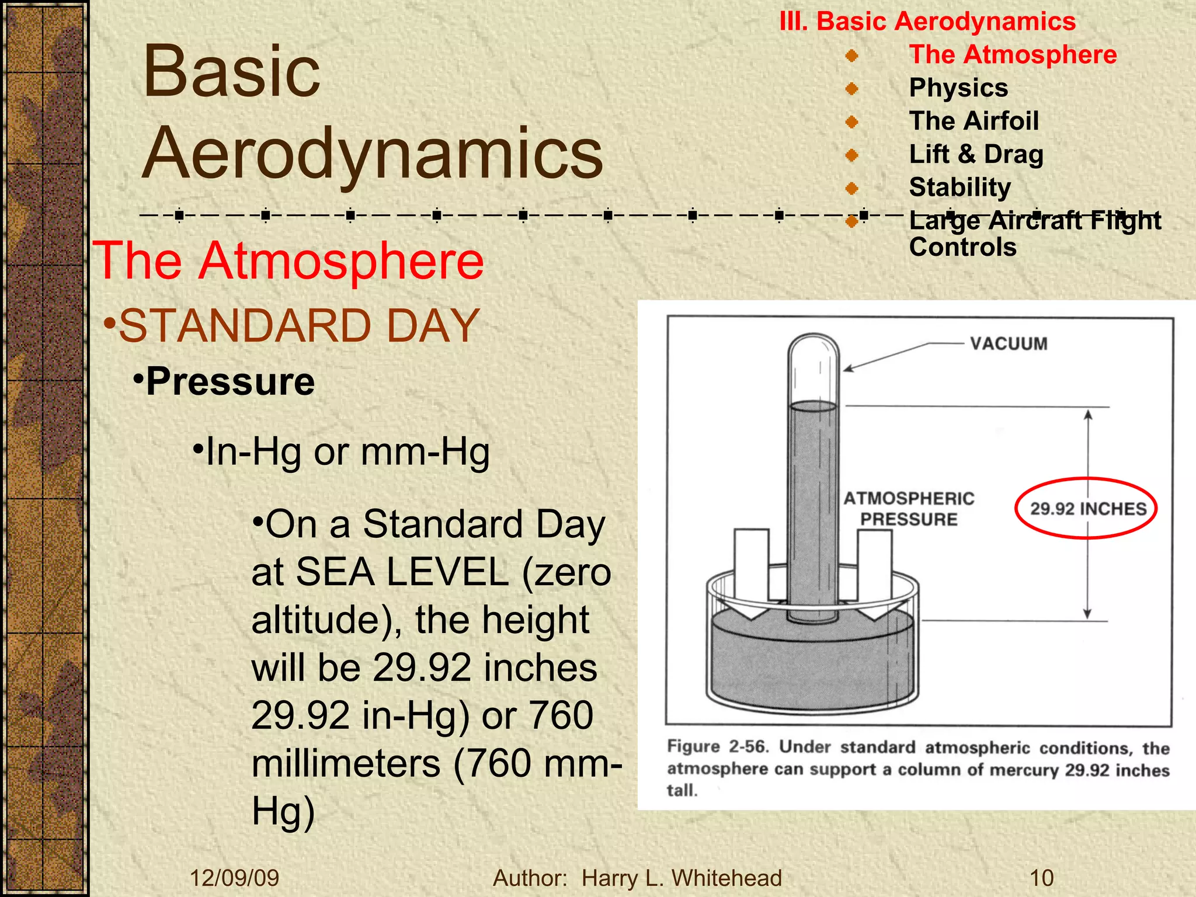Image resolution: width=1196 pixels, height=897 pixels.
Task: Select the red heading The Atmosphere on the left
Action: point(288,261)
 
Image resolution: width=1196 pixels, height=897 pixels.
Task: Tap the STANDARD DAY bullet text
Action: point(298,326)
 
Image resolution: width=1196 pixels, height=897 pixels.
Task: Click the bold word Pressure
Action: point(230,382)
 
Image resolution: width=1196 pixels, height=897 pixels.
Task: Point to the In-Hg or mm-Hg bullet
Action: point(347,452)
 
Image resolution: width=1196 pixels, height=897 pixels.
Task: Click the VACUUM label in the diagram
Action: point(1009,343)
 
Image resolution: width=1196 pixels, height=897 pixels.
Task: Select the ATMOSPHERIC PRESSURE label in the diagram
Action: point(909,509)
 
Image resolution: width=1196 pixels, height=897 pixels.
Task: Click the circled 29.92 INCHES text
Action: point(1088,509)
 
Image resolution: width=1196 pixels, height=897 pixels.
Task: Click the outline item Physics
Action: point(958,88)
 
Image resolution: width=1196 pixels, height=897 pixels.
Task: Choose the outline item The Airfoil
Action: point(974,121)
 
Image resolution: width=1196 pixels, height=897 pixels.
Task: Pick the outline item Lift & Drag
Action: point(976,155)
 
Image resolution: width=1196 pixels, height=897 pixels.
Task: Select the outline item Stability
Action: point(959,187)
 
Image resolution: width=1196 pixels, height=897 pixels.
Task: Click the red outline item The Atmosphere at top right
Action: point(1013,55)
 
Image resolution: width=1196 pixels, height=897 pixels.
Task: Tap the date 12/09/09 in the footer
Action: point(234,878)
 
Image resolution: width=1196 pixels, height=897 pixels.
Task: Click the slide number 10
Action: point(1041,878)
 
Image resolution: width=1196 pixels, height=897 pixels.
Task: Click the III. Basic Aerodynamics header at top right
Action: point(927,22)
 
